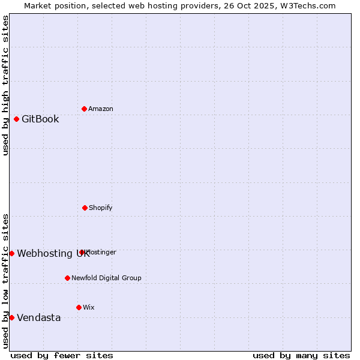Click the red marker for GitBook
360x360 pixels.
[x=16, y=119]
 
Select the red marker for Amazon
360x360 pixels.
[x=84, y=109]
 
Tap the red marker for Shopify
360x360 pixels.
[x=85, y=208]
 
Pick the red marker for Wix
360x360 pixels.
[x=79, y=307]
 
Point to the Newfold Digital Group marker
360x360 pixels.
[x=67, y=278]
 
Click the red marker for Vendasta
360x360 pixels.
[x=11, y=317]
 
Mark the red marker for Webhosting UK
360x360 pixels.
[x=11, y=253]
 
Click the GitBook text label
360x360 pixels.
[x=40, y=119]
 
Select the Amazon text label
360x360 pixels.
[x=101, y=109]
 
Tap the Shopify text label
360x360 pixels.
[x=101, y=208]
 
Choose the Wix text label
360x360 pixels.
[x=89, y=307]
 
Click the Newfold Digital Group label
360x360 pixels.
[x=106, y=278]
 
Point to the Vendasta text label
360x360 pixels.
[x=38, y=317]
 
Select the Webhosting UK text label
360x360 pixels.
[x=53, y=253]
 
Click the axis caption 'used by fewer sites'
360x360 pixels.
[x=62, y=355]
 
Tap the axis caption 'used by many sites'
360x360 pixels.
[x=301, y=355]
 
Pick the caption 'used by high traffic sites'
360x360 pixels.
[x=6, y=85]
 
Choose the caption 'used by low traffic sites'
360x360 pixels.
[x=6, y=281]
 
